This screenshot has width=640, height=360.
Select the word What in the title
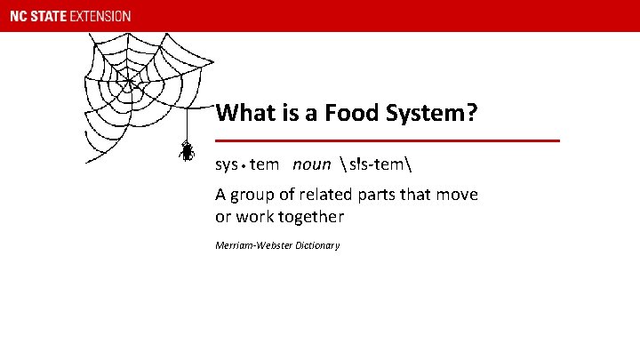[244, 114]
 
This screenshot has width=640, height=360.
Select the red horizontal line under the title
[388, 140]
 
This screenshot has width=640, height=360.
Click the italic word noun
[311, 164]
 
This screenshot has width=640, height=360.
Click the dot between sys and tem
[244, 165]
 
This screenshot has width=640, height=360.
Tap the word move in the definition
[458, 194]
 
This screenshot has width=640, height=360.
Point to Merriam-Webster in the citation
[250, 245]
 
